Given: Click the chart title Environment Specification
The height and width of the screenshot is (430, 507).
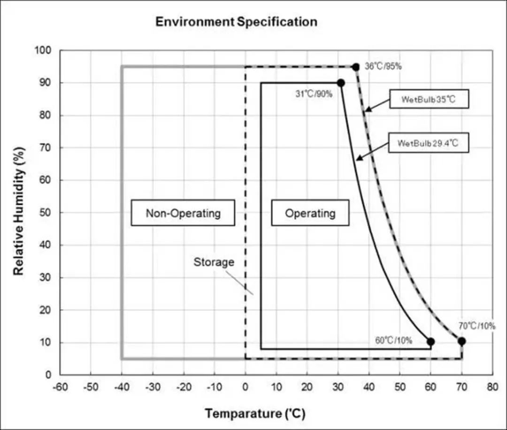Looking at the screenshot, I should point(236,22).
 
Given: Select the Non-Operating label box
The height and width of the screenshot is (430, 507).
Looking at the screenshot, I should point(183,213).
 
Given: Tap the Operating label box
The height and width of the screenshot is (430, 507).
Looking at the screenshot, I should point(310,213).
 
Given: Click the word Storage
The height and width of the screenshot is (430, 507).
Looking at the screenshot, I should point(214,262).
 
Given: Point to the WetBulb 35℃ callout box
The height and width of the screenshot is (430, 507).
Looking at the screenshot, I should point(429,99).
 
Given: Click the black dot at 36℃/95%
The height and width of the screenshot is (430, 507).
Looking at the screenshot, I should point(356,67).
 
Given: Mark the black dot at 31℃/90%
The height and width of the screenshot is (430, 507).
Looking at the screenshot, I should point(341,83).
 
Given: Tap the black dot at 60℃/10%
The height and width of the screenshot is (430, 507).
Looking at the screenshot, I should point(431,341).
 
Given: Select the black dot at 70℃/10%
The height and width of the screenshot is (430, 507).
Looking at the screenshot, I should point(462,341).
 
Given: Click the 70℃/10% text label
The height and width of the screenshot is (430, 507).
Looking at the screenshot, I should point(476,326).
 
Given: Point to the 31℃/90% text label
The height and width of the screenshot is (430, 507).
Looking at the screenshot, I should point(314,94).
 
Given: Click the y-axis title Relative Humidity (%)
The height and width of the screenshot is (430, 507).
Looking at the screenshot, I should point(18,212).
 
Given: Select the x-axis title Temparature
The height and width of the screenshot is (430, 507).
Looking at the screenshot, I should point(254,414).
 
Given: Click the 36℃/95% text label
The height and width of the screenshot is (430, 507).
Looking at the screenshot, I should point(383,67).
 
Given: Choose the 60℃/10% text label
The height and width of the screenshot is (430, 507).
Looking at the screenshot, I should point(393,340).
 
